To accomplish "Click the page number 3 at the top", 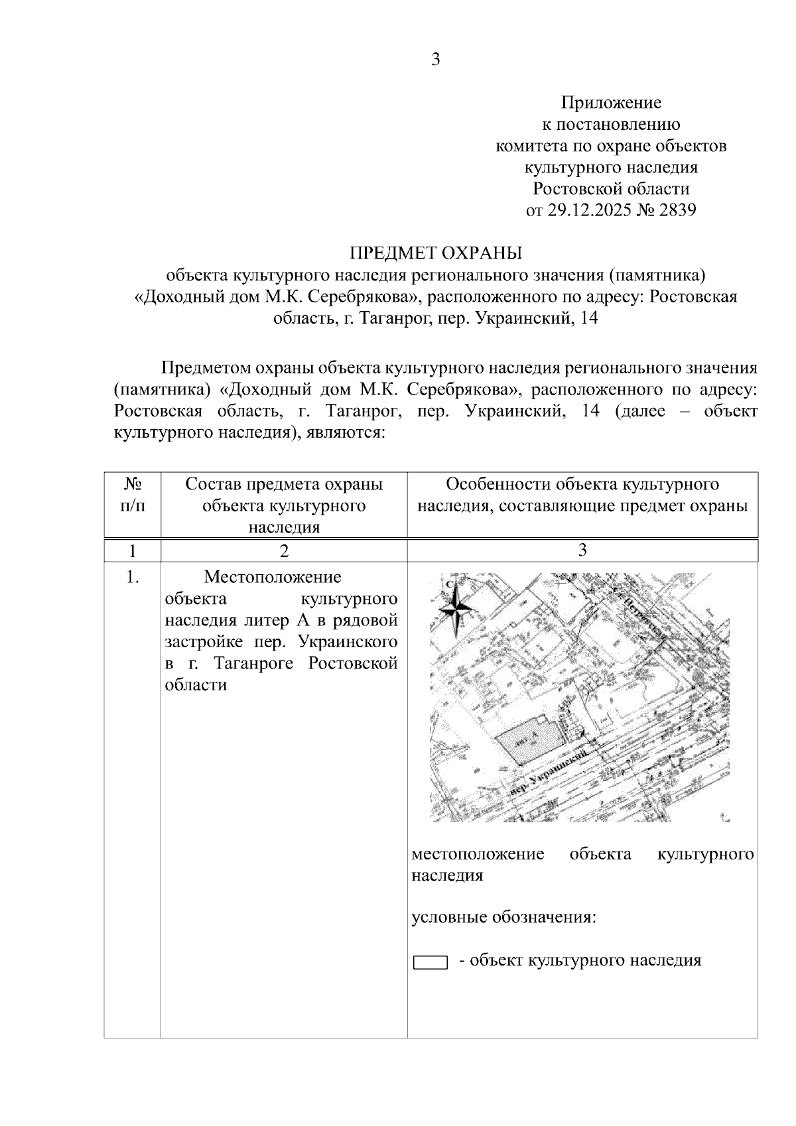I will (436, 60).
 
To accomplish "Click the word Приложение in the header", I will (611, 103).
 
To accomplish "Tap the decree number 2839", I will (677, 210).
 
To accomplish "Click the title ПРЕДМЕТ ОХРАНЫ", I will (436, 253).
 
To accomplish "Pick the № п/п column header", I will (133, 495).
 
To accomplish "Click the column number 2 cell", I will (284, 551).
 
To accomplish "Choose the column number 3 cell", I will (582, 550).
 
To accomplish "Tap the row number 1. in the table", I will (133, 578).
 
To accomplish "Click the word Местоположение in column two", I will (273, 578).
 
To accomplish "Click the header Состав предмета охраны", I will (284, 484).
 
